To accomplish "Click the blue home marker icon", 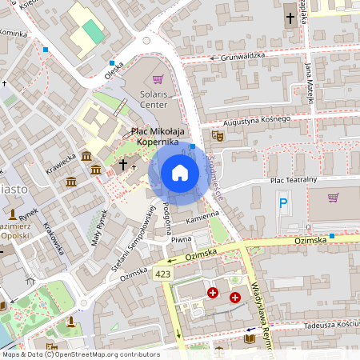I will [179, 173].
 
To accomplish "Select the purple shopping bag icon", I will [158, 79].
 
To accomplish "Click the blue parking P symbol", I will [282, 205].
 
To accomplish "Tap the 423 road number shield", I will [163, 274].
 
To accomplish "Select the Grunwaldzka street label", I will [242, 57].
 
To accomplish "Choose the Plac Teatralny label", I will [294, 180].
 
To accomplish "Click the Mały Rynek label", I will [100, 226].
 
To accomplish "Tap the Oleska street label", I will [114, 70].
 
